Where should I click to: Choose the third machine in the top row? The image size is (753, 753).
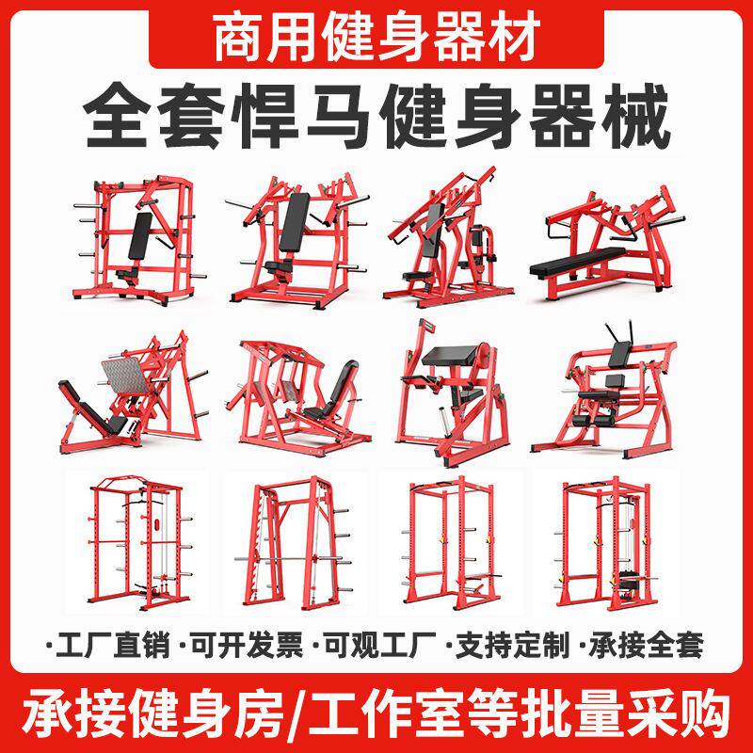441,235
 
